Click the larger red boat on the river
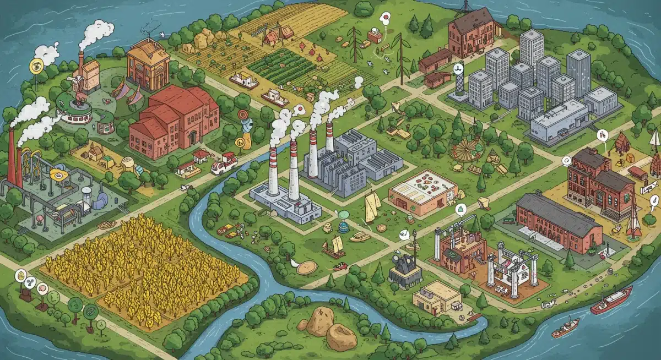611,300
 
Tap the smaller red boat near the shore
565,328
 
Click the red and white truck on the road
224,163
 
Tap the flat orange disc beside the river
307,268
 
